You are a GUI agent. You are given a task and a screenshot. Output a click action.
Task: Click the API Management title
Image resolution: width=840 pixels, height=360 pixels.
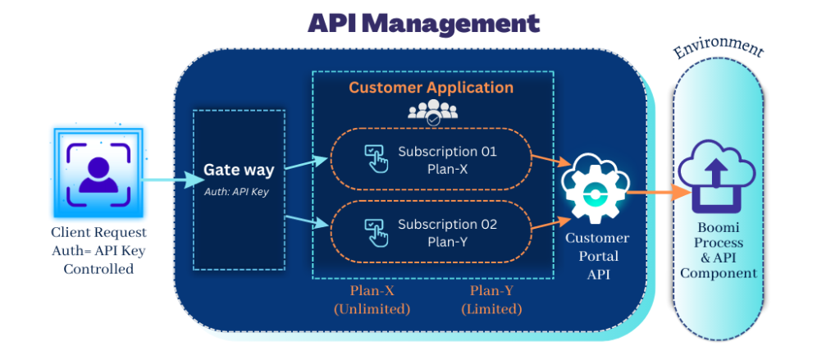click(424, 22)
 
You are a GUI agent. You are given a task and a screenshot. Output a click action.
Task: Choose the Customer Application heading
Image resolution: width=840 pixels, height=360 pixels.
click(431, 88)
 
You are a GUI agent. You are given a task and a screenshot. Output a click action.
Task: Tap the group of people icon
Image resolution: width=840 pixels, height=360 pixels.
click(431, 111)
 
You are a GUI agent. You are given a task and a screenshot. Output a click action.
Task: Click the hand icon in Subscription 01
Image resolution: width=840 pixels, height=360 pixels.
click(377, 158)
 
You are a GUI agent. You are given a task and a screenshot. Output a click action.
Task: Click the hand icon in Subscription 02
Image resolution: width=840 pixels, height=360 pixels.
click(377, 230)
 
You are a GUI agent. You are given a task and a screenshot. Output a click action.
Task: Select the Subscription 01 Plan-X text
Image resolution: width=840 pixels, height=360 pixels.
click(447, 159)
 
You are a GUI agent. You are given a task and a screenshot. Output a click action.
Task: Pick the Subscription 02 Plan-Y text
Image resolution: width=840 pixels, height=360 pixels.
click(447, 231)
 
